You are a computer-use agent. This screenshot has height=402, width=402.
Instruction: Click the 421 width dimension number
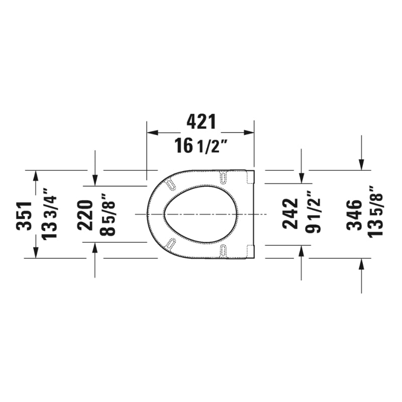(x=201, y=121)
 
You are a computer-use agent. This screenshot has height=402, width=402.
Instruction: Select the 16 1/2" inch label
(x=201, y=146)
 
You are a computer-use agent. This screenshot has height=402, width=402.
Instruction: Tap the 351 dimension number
(x=24, y=215)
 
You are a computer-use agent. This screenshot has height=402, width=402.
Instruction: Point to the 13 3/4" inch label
(x=50, y=214)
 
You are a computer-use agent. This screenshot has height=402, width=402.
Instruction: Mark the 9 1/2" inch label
(x=314, y=214)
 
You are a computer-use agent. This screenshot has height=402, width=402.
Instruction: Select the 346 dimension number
(x=354, y=215)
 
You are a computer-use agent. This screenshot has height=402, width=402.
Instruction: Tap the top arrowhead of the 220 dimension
(x=95, y=180)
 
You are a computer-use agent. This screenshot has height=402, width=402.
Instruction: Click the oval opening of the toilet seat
(x=200, y=215)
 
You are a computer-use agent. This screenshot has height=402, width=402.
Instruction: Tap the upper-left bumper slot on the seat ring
(x=171, y=184)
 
